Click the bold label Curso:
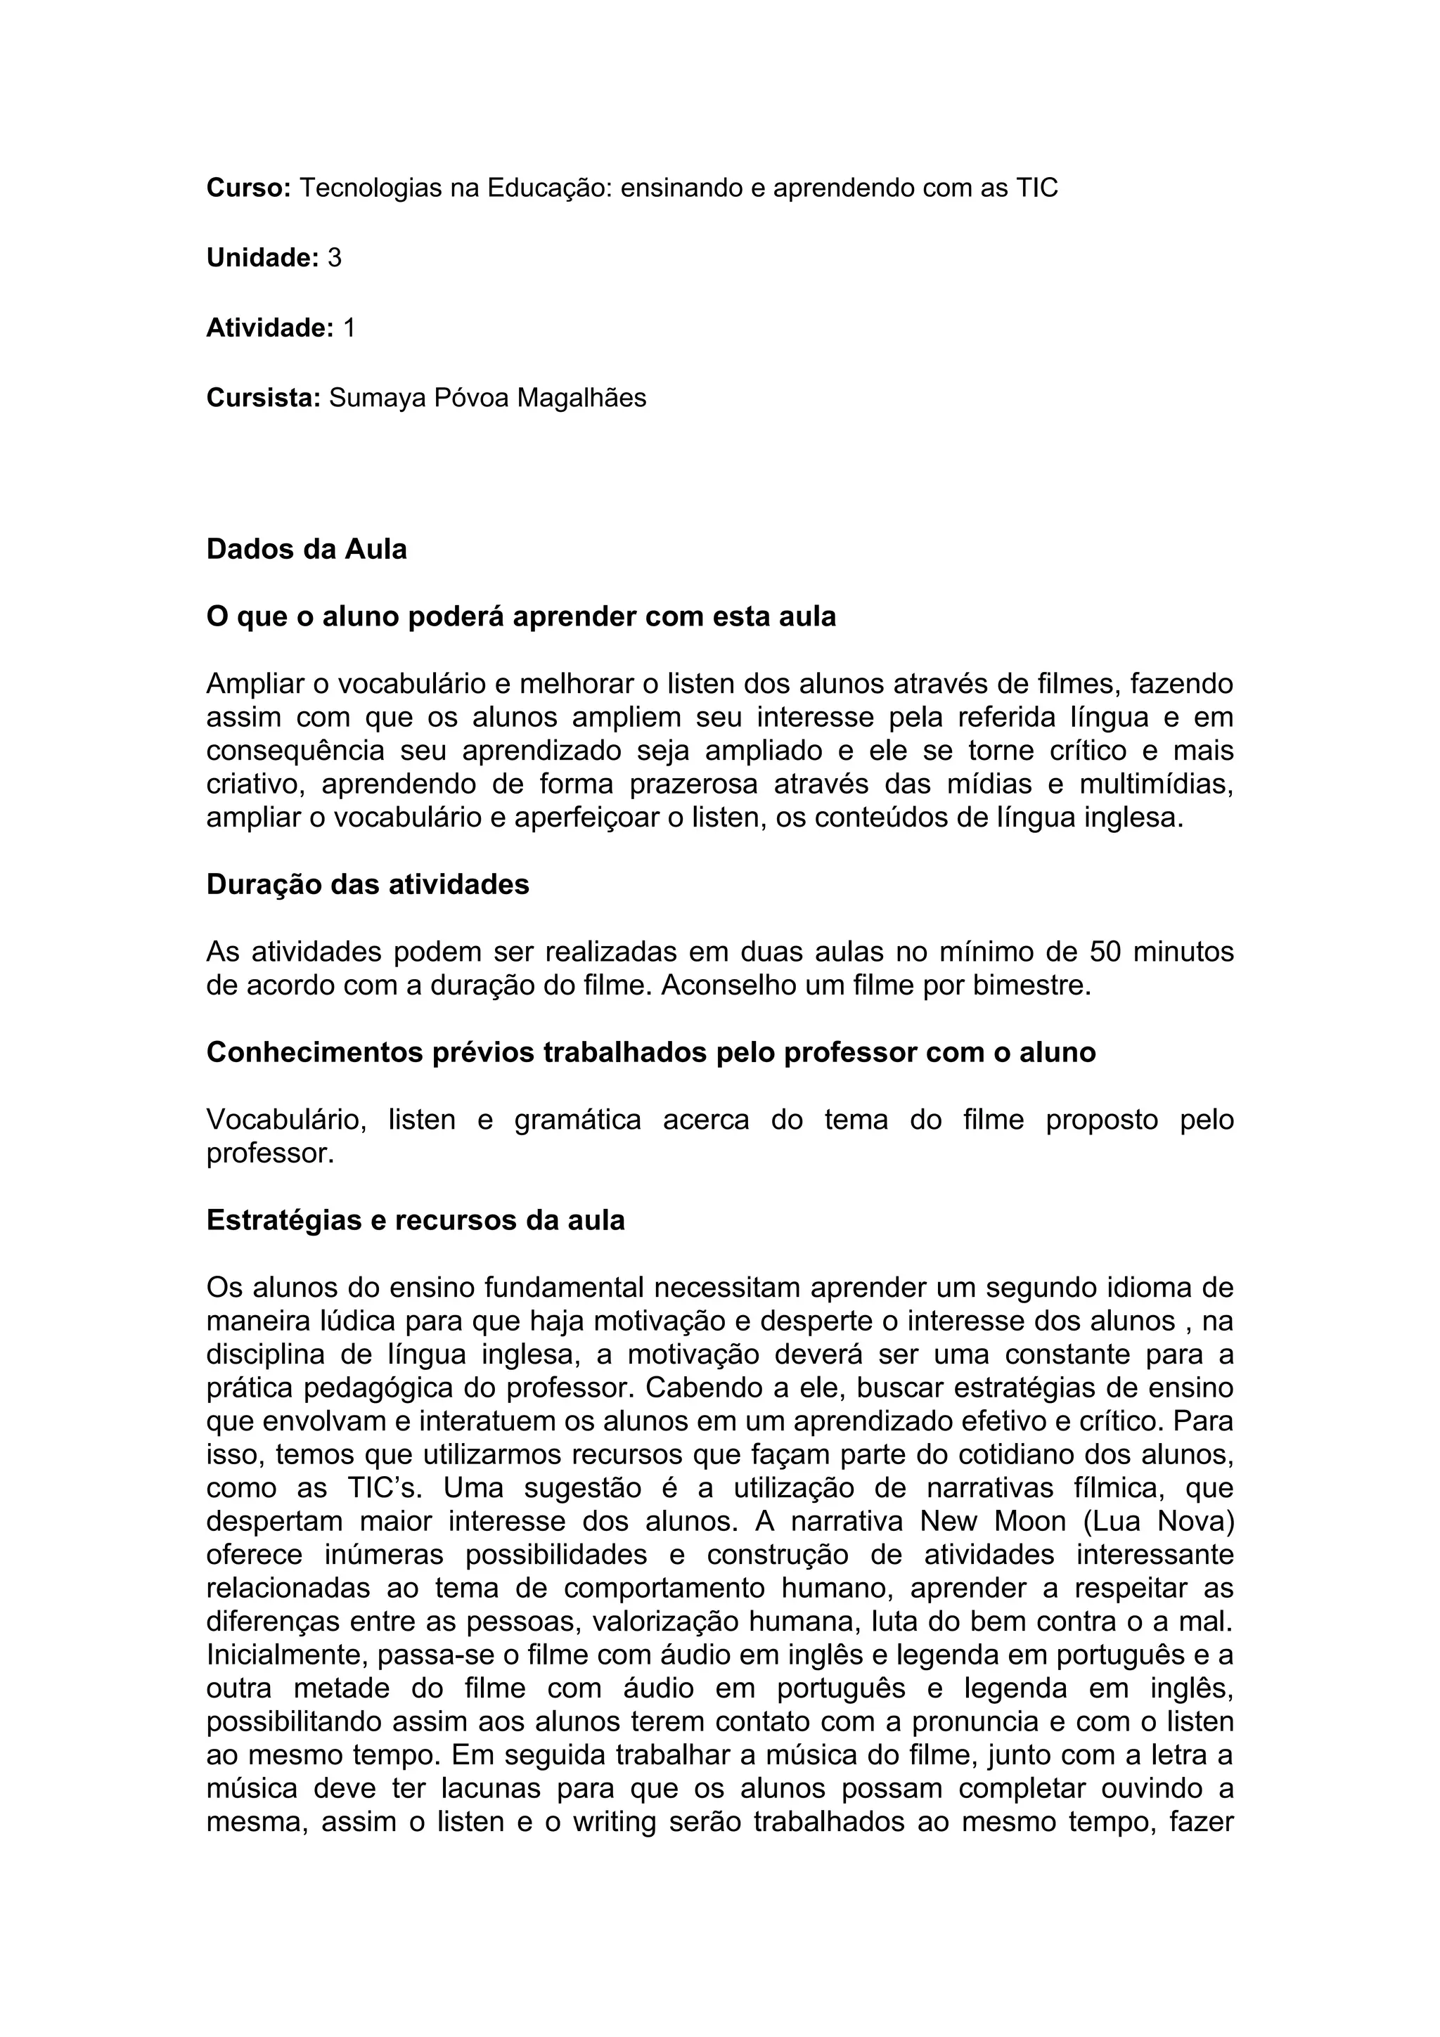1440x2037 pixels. [248, 188]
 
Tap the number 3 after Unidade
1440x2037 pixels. [335, 258]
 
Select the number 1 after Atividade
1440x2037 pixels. [349, 328]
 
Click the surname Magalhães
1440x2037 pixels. [581, 399]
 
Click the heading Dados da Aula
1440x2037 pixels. [306, 549]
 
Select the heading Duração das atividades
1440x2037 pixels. [367, 884]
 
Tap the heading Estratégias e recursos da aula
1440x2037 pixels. [416, 1220]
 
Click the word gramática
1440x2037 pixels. [577, 1120]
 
